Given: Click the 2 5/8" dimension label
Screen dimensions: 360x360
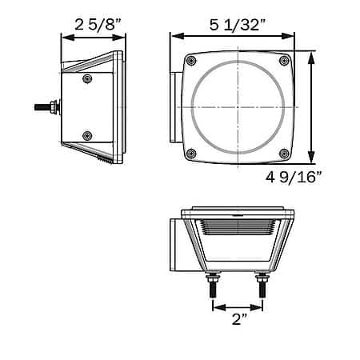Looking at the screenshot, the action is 98,25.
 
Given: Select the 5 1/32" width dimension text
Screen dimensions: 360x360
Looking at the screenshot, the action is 238,25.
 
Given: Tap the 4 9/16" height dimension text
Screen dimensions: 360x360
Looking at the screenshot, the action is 294,177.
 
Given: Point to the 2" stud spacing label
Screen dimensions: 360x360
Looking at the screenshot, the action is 240,319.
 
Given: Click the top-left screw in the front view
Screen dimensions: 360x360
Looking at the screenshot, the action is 191,61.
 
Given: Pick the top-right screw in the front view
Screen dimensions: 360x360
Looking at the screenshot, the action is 284,61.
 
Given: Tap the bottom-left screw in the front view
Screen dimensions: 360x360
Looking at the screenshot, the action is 191,154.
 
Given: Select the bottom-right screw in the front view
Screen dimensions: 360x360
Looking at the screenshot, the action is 284,154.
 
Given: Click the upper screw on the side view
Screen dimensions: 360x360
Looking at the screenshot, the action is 87,78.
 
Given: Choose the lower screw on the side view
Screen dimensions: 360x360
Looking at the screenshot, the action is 87,136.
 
